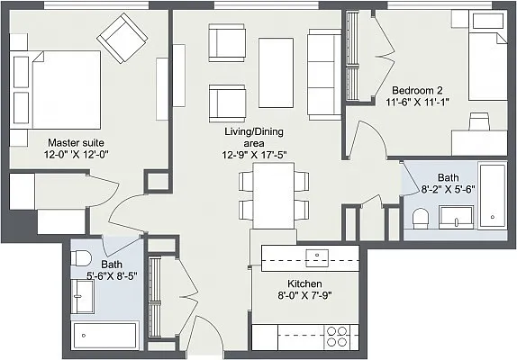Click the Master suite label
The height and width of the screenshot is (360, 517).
point(76,143)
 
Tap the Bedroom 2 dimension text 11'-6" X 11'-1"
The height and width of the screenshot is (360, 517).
point(417,102)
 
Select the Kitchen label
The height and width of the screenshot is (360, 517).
point(304,283)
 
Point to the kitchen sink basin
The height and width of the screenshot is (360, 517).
point(317,258)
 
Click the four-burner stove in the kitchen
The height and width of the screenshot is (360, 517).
point(337,337)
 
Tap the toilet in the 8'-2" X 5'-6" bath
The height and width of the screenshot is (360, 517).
point(421,218)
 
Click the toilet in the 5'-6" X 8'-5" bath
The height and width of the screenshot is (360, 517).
point(81,258)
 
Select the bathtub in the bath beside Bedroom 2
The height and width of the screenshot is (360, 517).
point(493,195)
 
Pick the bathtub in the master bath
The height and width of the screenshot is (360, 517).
point(104,336)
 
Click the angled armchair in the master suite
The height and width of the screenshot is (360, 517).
point(122,38)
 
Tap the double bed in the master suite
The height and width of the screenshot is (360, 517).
point(55,90)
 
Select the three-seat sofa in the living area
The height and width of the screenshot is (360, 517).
point(324,75)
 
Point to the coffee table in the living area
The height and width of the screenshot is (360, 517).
point(276,73)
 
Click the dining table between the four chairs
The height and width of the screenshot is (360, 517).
point(274,195)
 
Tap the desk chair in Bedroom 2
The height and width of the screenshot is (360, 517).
point(479,121)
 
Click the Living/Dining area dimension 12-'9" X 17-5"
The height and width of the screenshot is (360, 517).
point(254,155)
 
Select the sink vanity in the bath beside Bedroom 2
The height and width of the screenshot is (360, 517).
point(457,218)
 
